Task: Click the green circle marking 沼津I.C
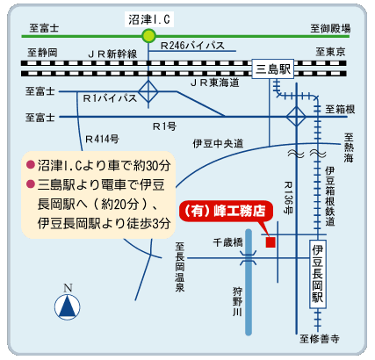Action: click(148, 36)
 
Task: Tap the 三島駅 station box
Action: click(272, 69)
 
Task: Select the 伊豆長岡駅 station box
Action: click(318, 274)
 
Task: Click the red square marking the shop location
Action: click(270, 242)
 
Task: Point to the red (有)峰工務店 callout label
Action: click(226, 211)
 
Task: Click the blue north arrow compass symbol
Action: click(68, 307)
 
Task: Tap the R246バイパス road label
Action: click(192, 46)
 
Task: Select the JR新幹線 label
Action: click(112, 54)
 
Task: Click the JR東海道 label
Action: click(215, 83)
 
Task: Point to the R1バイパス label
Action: click(110, 98)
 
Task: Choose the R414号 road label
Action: click(102, 139)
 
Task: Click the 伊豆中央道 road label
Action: click(218, 143)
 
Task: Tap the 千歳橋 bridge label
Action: click(227, 242)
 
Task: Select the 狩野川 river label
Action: click(238, 301)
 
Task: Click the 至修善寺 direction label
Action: click(320, 339)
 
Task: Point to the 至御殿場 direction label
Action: click(330, 28)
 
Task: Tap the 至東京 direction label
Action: click(330, 52)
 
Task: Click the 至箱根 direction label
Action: click(340, 110)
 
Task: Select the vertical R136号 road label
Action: click(288, 198)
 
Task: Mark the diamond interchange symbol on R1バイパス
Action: click(148, 91)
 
